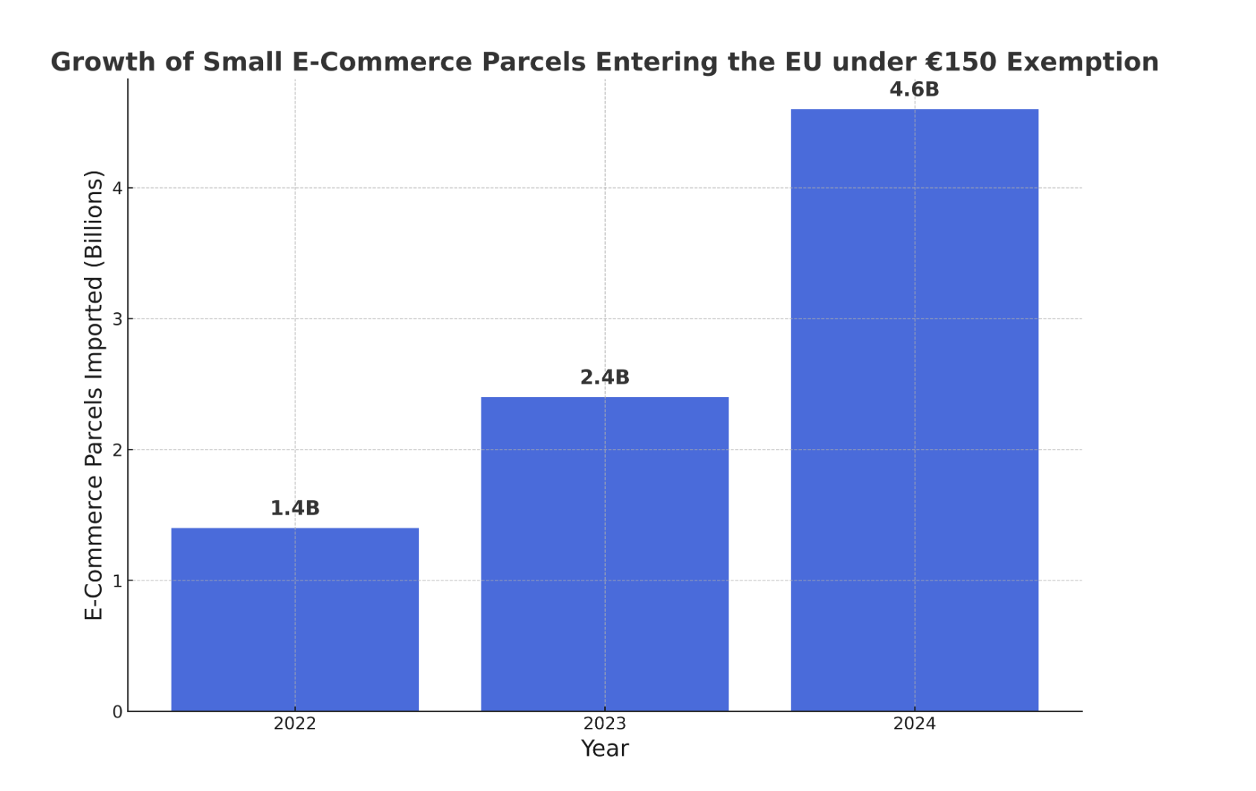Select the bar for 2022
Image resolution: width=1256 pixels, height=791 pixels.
point(295,619)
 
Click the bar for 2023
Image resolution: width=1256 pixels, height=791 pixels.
point(604,555)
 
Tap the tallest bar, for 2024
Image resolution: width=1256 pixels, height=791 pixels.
point(915,410)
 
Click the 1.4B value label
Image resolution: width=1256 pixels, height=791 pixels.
point(295,508)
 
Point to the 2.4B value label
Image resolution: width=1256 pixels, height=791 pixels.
point(604,378)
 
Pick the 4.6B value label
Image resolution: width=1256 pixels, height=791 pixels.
point(915,90)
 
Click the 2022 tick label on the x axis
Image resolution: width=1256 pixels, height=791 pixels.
point(295,723)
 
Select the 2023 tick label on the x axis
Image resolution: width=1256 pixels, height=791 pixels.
point(604,723)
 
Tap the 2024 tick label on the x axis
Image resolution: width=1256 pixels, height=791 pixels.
point(915,723)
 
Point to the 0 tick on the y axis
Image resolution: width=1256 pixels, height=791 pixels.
point(117,712)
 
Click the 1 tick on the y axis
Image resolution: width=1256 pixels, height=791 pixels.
point(117,581)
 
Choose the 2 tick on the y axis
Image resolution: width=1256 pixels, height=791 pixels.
point(117,450)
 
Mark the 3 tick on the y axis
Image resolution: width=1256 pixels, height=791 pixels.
point(117,319)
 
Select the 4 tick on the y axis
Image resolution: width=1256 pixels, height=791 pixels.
point(117,188)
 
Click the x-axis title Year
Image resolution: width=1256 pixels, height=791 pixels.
point(604,749)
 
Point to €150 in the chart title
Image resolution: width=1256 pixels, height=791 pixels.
point(960,62)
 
